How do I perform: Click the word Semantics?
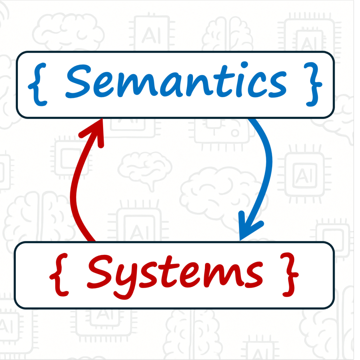(176, 83)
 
